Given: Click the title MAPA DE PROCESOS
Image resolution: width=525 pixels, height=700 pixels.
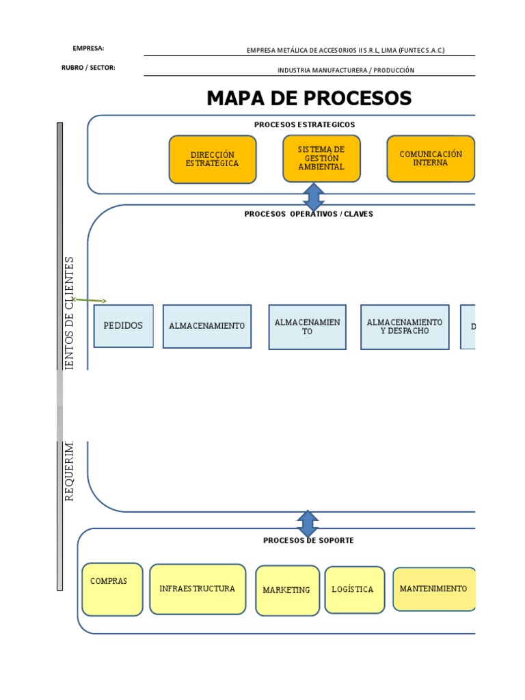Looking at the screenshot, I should tap(309, 98).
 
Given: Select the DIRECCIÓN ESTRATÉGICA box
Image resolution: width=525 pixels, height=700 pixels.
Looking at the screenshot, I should tap(213, 159).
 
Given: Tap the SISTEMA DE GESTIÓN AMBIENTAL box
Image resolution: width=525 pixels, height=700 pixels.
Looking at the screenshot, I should tap(321, 159).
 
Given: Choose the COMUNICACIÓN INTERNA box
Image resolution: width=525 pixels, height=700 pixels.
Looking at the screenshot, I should tap(431, 159).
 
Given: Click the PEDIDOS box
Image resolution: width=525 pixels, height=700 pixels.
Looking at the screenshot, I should tap(124, 326).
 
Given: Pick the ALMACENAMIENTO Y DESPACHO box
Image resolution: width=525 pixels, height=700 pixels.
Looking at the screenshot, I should tap(405, 327).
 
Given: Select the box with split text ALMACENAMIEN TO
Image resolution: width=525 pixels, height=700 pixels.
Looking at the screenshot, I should tap(307, 327).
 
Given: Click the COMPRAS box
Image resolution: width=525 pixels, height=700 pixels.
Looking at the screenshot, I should tap(112, 589).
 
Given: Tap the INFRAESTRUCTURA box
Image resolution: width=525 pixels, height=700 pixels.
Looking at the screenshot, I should tap(197, 589).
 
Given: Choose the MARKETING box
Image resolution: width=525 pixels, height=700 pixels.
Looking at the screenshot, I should tap(287, 590).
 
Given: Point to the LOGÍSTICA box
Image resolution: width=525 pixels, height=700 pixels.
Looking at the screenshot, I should tap(354, 589).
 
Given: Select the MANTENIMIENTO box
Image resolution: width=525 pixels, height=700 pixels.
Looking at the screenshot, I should tap(434, 589).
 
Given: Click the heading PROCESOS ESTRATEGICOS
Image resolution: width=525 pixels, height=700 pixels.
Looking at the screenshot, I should tap(304, 124).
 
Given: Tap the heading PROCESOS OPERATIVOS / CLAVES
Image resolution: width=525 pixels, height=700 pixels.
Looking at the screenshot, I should tap(309, 214).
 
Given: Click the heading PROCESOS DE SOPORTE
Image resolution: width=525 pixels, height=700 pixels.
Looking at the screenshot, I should tap(308, 540).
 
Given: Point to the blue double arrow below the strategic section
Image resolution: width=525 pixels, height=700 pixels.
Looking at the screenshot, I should tap(313, 197).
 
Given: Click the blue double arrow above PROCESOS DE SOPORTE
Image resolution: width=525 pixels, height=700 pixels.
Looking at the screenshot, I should tap(308, 524).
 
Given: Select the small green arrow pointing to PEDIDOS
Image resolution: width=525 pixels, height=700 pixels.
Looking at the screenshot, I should tap(90, 300).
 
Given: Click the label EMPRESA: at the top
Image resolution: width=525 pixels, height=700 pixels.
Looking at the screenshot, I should tap(88, 49).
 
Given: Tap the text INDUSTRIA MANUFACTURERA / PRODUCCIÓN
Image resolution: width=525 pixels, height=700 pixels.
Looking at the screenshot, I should tap(345, 70).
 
